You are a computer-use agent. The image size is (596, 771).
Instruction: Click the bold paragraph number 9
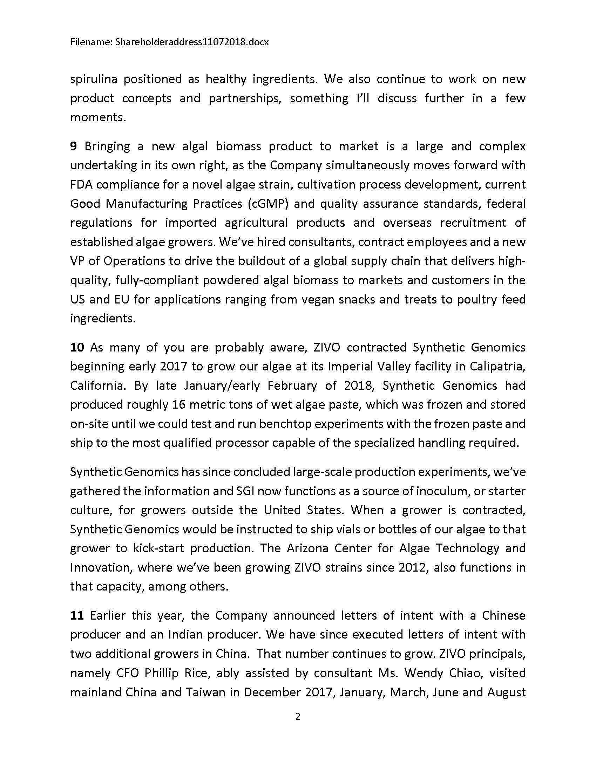coord(73,146)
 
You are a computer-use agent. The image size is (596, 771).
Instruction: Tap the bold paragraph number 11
coord(77,615)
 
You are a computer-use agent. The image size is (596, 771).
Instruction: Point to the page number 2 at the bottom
coord(298,716)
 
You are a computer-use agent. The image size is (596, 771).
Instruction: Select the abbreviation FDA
coord(80,185)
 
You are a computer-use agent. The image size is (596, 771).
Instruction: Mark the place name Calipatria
coord(497,367)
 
